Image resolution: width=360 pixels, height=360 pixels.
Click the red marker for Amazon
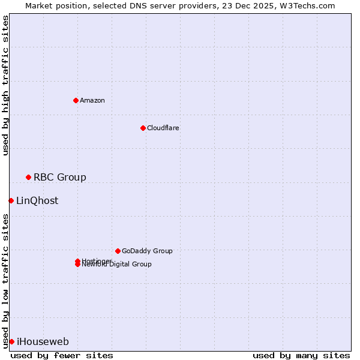click(76, 100)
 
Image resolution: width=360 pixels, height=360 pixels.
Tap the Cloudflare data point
click(143, 128)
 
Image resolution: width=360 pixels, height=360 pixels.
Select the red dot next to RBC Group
click(28, 177)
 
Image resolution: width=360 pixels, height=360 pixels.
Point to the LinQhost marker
click(11, 200)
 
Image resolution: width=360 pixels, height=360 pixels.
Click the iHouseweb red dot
click(11, 341)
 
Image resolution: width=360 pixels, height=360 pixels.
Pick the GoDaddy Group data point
click(118, 251)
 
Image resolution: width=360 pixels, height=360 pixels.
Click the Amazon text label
click(92, 100)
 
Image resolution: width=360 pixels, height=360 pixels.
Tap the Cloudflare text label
click(163, 128)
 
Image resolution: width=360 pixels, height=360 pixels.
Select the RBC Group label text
click(59, 177)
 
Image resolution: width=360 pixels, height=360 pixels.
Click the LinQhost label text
click(37, 200)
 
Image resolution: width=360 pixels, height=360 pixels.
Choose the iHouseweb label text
click(43, 341)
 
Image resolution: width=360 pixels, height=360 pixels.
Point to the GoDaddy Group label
click(146, 251)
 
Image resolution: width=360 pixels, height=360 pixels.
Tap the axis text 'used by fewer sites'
click(62, 355)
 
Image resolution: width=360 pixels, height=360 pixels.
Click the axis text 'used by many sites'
click(301, 355)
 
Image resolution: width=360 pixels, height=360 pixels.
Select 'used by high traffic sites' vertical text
click(5, 85)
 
